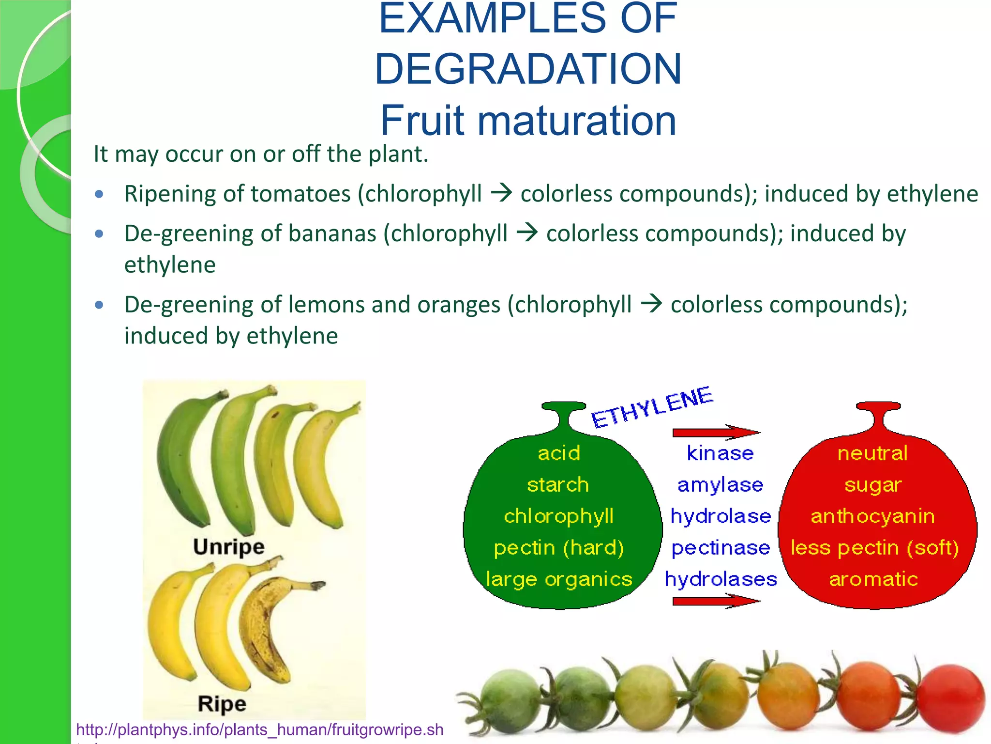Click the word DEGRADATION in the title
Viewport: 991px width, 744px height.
(x=528, y=69)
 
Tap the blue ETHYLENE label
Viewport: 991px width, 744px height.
(x=652, y=408)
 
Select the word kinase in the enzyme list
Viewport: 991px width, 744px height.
(x=720, y=453)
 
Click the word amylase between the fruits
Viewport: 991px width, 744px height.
(x=720, y=485)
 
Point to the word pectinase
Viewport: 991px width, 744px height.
(x=721, y=548)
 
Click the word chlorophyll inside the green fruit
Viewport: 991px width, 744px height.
(x=558, y=516)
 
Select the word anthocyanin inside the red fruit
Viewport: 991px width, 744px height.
(x=872, y=516)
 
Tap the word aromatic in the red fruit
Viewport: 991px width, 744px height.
(x=873, y=579)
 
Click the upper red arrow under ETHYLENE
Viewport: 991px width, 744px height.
(x=715, y=432)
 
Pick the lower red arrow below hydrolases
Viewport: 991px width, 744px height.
(x=715, y=601)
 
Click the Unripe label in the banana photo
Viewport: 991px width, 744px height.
(x=228, y=547)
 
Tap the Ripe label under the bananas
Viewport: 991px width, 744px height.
(x=222, y=704)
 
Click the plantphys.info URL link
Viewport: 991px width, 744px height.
(x=260, y=729)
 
